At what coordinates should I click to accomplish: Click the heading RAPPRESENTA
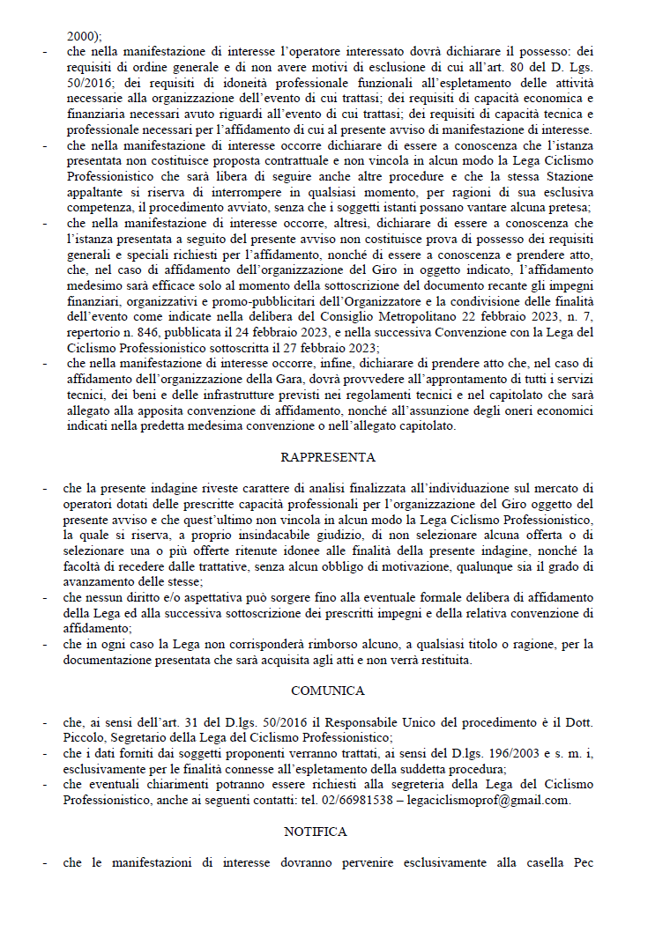point(328,457)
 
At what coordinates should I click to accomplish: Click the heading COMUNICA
point(328,691)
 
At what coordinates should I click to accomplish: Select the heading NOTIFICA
point(316,831)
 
